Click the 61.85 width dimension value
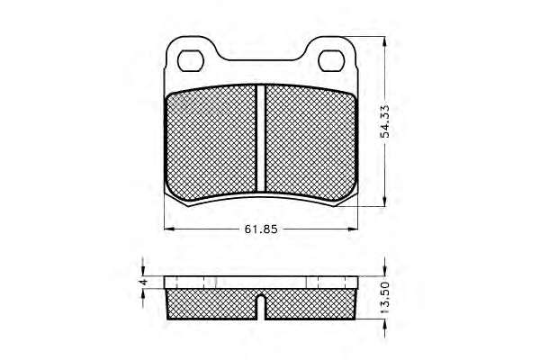[x=261, y=229]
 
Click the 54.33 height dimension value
[x=384, y=121]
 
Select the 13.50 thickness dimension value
[x=384, y=297]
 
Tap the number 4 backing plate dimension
[x=144, y=282]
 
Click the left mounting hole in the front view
[x=191, y=61]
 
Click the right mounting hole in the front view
[x=331, y=61]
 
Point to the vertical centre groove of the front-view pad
[x=261, y=138]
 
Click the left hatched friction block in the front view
[x=211, y=143]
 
